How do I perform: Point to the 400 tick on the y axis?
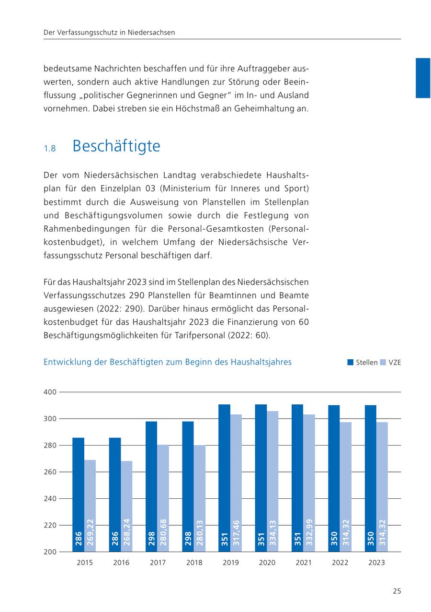pos(51,392)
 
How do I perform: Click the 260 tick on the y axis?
pos(51,472)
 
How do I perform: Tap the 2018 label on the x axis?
pos(194,563)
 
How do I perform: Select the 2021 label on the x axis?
pos(304,563)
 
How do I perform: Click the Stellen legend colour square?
pos(350,363)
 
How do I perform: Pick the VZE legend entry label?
pos(395,363)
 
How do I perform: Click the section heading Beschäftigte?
pos(116,146)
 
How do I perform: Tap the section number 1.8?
pos(50,149)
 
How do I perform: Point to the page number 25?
pos(397,591)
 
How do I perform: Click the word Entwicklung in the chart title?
pos(67,362)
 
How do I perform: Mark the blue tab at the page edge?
pos(423,78)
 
